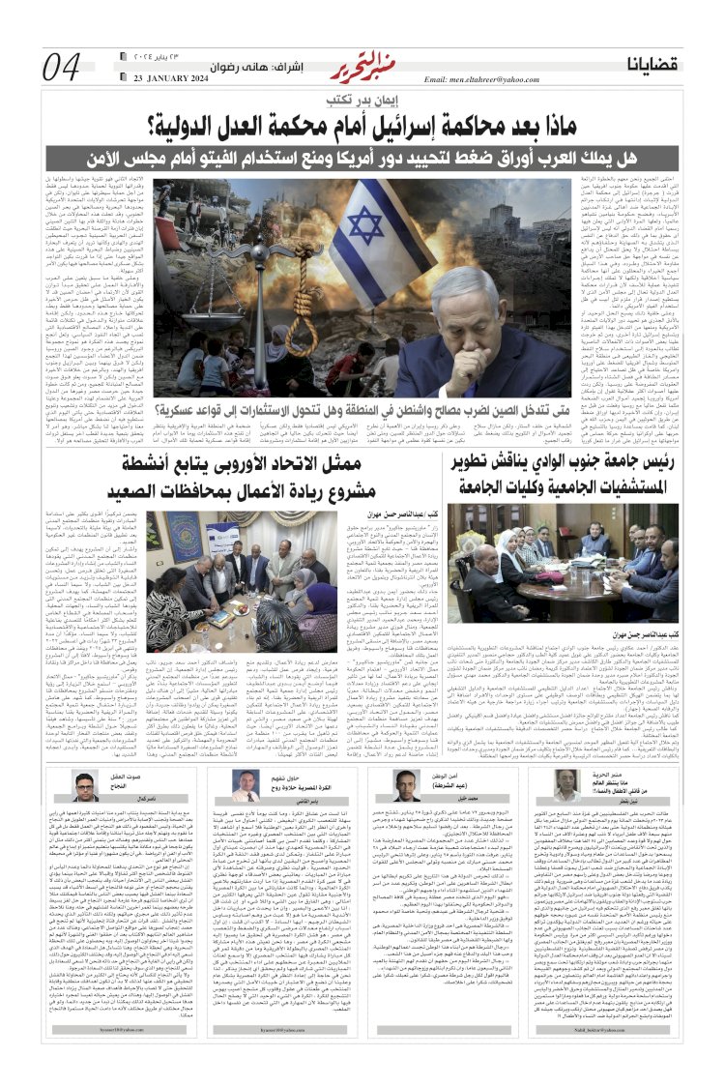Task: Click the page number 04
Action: coord(63,67)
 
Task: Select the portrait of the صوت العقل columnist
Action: coord(86,787)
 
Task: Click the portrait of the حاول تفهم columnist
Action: coord(248,787)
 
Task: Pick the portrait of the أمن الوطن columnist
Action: coord(409,787)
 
